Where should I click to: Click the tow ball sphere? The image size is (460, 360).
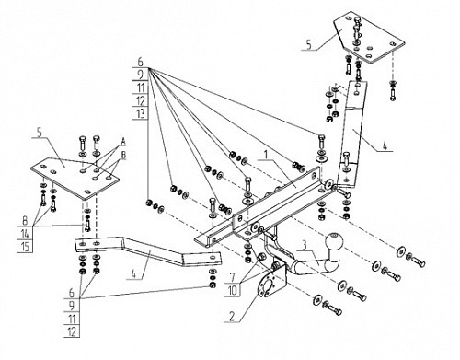pyautogui.click(x=333, y=240)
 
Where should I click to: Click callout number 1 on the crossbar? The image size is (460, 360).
pyautogui.click(x=266, y=155)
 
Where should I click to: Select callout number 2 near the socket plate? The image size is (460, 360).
pyautogui.click(x=232, y=317)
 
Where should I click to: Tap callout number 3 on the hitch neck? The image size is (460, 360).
pyautogui.click(x=304, y=245)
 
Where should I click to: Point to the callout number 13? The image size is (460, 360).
pyautogui.click(x=141, y=113)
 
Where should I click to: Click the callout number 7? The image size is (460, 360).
pyautogui.click(x=232, y=277)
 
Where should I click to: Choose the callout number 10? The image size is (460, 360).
pyautogui.click(x=233, y=290)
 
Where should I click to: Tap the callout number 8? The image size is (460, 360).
pyautogui.click(x=25, y=221)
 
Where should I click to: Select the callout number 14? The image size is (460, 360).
pyautogui.click(x=25, y=234)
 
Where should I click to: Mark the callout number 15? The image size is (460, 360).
pyautogui.click(x=25, y=247)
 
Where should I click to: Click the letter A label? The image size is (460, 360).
pyautogui.click(x=123, y=142)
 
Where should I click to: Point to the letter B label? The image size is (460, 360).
pyautogui.click(x=123, y=156)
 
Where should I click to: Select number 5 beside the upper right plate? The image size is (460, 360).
pyautogui.click(x=308, y=44)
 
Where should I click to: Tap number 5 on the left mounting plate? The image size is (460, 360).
pyautogui.click(x=39, y=133)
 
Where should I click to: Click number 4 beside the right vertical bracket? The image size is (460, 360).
pyautogui.click(x=385, y=145)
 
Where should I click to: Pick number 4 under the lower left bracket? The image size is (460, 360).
pyautogui.click(x=133, y=273)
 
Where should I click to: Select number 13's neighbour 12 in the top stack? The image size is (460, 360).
pyautogui.click(x=141, y=100)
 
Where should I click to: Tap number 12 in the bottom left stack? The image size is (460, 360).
pyautogui.click(x=72, y=331)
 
